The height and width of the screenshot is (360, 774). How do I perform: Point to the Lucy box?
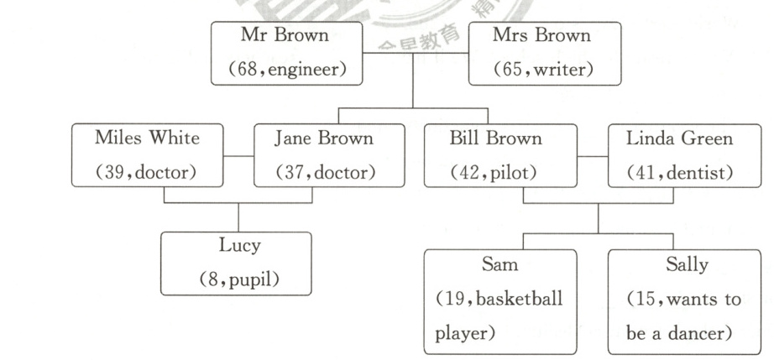point(236,263)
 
